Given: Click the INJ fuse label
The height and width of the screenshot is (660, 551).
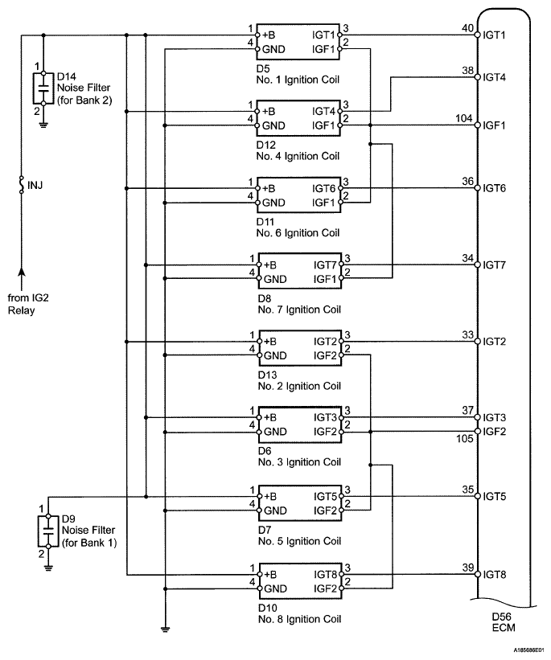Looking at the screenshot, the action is [x=35, y=185].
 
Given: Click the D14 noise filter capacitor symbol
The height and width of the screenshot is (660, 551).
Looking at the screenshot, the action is [x=43, y=88].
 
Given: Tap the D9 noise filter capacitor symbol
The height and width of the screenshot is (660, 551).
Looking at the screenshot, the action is [x=48, y=531].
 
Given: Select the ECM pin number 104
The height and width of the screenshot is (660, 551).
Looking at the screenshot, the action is [x=464, y=119].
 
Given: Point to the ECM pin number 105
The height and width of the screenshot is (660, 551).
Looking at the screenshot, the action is [x=465, y=439].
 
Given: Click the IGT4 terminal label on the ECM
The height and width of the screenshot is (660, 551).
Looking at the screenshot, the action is [x=494, y=77].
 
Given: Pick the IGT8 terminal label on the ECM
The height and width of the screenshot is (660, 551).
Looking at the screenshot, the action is [x=494, y=575].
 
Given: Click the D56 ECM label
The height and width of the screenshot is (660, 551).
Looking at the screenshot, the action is [x=504, y=622].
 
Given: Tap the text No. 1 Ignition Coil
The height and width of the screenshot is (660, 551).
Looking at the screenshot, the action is [x=298, y=80].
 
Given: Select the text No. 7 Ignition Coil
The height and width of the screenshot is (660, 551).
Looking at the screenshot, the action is [x=299, y=310].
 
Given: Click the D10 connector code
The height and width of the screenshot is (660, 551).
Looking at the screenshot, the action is [x=268, y=608].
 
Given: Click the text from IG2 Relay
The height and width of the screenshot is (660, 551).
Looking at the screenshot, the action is [x=28, y=304].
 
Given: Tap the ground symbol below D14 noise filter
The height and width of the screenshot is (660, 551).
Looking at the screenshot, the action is [x=43, y=124].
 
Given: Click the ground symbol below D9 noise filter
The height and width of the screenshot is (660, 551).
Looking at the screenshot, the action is [x=48, y=568].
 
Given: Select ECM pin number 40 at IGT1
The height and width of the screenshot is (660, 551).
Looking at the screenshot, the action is [x=467, y=28].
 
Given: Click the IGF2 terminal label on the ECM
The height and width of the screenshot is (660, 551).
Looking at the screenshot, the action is [x=494, y=432].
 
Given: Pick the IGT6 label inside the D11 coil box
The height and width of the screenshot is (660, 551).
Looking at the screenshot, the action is [x=323, y=189].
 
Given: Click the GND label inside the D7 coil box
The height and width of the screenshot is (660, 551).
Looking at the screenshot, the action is [x=275, y=510].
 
